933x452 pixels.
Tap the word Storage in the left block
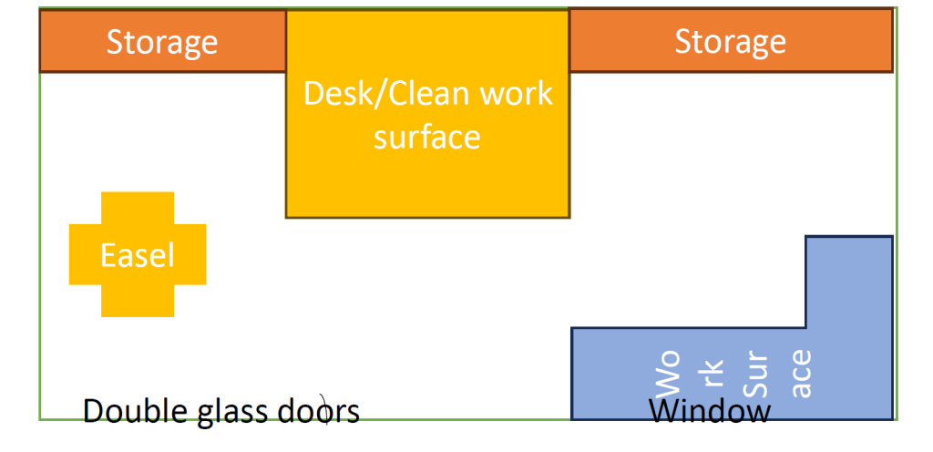click(x=162, y=42)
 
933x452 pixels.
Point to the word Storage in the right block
click(x=730, y=41)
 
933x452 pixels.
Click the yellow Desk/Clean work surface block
click(x=427, y=182)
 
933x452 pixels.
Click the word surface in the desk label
click(x=427, y=137)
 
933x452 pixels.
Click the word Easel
click(x=138, y=255)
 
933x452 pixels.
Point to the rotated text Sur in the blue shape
click(x=756, y=376)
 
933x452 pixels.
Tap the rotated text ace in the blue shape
click(x=800, y=374)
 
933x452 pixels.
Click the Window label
click(x=710, y=412)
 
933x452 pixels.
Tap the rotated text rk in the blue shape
click(x=713, y=376)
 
